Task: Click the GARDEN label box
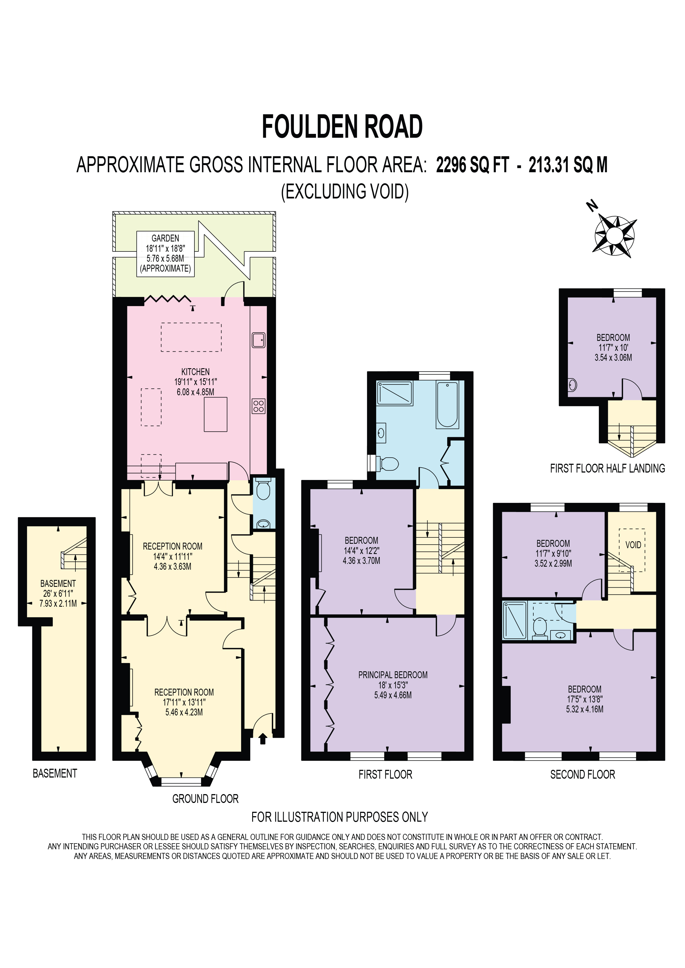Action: (165, 253)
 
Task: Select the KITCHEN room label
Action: (195, 372)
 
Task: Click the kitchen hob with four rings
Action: (259, 406)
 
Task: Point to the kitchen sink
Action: (259, 340)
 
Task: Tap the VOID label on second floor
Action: (633, 545)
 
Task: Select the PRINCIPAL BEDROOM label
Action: (393, 675)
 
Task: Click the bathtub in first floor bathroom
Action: (447, 404)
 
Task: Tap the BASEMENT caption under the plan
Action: (55, 773)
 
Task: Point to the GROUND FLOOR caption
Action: (205, 799)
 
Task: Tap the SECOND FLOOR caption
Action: (583, 774)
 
